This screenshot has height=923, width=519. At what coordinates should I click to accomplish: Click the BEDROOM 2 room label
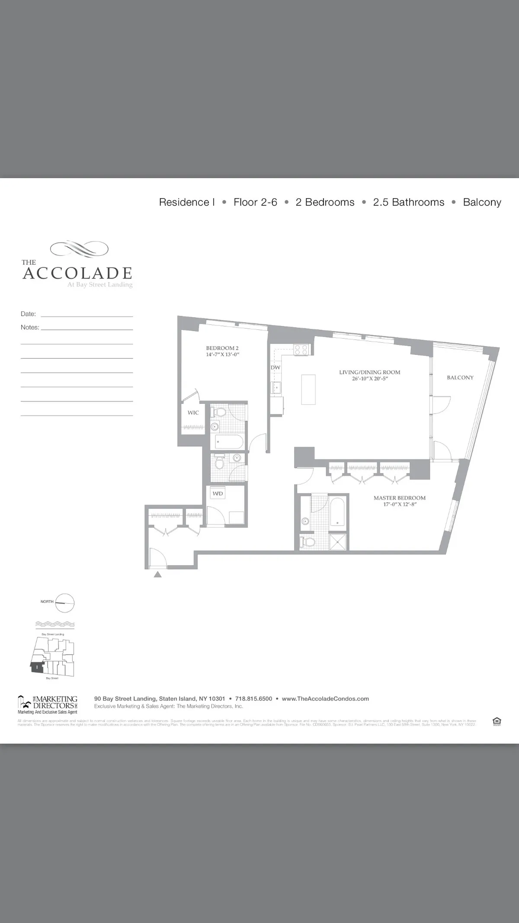point(222,348)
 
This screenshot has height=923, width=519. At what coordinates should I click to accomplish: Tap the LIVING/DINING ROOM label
point(369,372)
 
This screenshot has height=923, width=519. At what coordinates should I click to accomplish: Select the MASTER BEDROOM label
point(399,498)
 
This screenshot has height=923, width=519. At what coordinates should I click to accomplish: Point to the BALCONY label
point(460,378)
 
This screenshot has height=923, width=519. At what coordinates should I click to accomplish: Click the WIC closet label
point(193,413)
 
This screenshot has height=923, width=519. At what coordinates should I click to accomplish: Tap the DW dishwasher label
point(276,368)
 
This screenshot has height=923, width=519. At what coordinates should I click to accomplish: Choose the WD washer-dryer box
point(218,493)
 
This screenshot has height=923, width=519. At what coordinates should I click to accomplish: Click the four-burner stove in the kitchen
point(301,350)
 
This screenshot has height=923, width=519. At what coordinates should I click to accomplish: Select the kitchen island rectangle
point(308,389)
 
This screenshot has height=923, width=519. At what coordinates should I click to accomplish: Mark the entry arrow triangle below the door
point(158,575)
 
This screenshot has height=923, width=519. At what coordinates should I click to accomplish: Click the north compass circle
point(65,603)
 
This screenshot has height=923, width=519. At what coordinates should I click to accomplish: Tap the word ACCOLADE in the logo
point(77,273)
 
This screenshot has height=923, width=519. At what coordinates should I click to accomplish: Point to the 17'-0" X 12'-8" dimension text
point(399,505)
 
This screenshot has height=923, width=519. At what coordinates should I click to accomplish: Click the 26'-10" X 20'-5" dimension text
point(369,379)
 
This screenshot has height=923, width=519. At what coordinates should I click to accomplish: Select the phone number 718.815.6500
point(253,698)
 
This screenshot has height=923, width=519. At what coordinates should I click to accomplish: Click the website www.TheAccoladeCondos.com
point(325,698)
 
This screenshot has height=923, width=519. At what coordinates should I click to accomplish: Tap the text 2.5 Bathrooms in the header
point(409,202)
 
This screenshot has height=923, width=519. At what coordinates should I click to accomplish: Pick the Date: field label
point(28,314)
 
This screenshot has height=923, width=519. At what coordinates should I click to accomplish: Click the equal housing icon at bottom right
point(497,721)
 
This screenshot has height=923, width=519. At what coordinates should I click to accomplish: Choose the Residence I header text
point(187,202)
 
